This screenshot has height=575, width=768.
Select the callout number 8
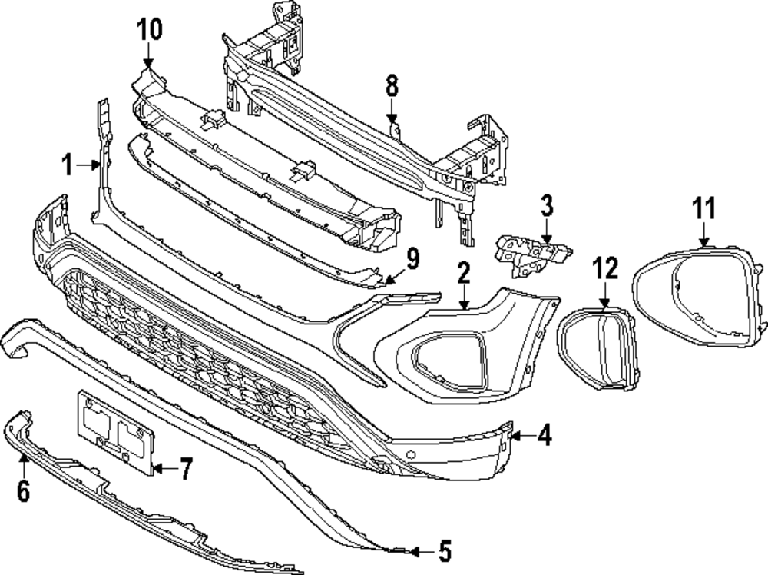coord(392,87)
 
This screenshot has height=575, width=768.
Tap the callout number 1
coord(68,164)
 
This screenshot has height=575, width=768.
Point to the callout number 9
coord(413,259)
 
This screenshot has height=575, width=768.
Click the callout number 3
coord(546,206)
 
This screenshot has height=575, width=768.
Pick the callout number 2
coord(464,272)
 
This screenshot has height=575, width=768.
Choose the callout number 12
coord(605,268)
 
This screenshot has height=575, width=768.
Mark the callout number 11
coord(703,208)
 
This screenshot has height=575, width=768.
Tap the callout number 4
coord(544,436)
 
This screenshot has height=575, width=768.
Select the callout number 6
coord(23,490)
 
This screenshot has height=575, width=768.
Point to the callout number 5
coord(444,550)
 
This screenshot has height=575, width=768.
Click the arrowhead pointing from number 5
coord(415,550)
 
